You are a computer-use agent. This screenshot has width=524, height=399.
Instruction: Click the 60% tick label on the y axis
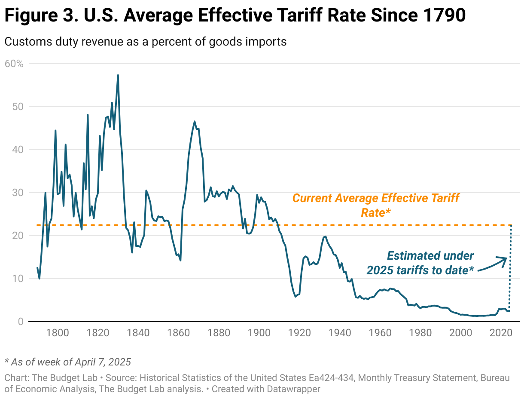(14, 64)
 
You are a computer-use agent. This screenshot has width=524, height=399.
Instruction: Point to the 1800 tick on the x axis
(58, 333)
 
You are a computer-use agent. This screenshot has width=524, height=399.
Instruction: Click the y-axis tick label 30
(18, 193)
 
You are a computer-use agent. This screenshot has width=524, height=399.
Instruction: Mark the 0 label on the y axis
(20, 322)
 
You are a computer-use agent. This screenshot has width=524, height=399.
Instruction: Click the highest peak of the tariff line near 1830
(118, 75)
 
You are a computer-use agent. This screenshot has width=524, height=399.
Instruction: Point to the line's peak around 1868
(195, 121)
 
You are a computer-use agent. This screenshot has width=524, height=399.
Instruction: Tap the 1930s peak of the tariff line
(325, 236)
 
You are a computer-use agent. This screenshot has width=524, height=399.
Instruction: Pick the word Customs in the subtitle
(22, 42)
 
